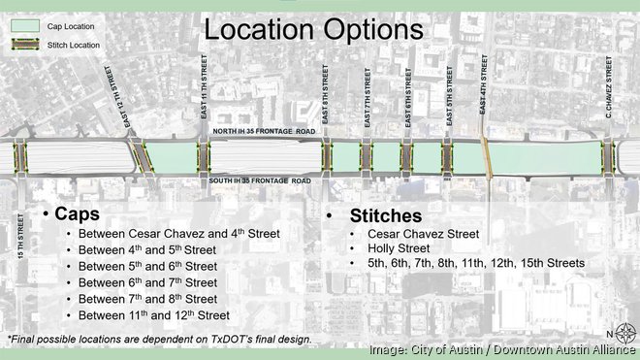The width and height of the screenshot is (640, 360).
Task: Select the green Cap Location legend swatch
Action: (x=22, y=26)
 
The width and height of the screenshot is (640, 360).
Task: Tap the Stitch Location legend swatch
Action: (x=22, y=44)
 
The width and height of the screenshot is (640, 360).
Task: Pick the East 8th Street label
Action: (x=327, y=102)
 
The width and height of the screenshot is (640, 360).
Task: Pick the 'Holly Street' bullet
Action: (x=396, y=248)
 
